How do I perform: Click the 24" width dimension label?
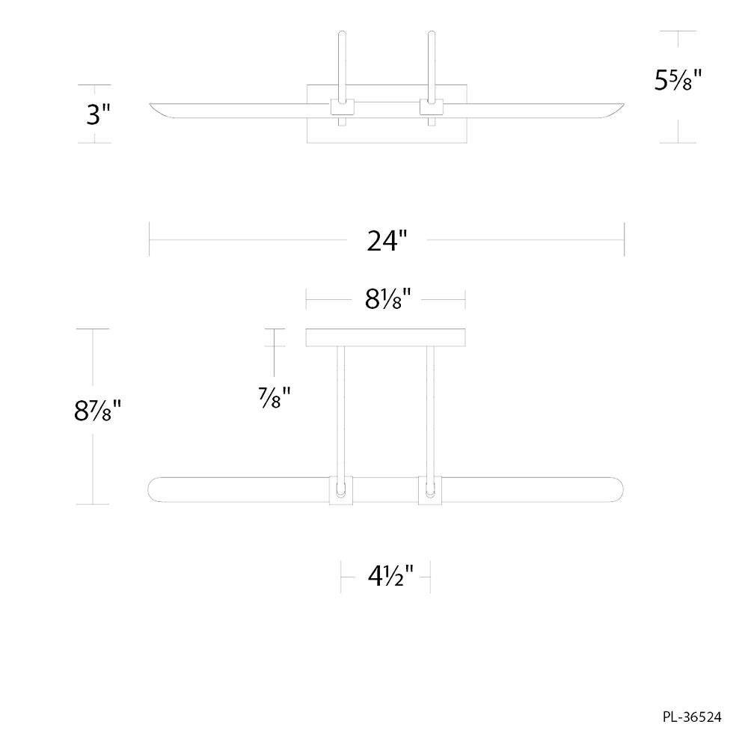pyautogui.click(x=387, y=240)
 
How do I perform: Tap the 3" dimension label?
pyautogui.click(x=98, y=115)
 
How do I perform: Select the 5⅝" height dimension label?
pyautogui.click(x=678, y=80)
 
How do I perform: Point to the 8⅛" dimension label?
pyautogui.click(x=387, y=300)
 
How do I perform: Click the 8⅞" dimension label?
pyautogui.click(x=98, y=410)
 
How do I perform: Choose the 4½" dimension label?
pyautogui.click(x=390, y=576)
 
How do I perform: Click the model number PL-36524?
pyautogui.click(x=692, y=717)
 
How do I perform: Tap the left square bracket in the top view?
pyautogui.click(x=343, y=107)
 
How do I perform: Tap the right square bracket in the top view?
pyautogui.click(x=432, y=107)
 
